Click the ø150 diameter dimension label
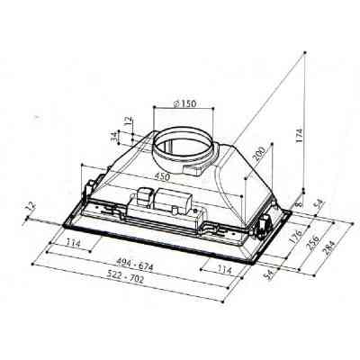[x=184, y=103]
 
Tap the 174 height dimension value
[x=300, y=136]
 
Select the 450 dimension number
[x=162, y=176]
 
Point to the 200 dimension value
[x=260, y=154]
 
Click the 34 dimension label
[x=113, y=137]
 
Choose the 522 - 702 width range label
[x=127, y=279]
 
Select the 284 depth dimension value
[x=329, y=247]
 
